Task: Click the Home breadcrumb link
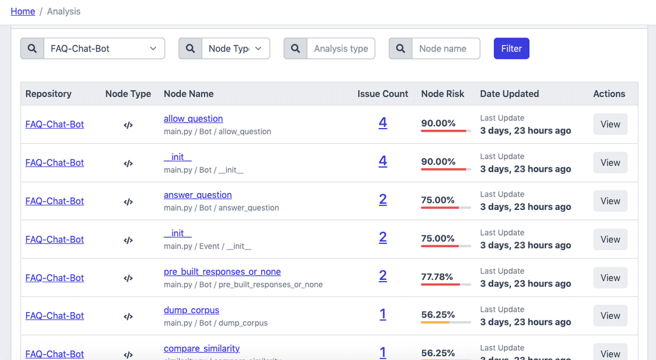(22, 12)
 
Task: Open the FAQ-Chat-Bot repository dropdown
(104, 49)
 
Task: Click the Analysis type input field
(340, 49)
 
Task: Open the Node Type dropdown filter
(235, 49)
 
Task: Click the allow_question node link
(193, 119)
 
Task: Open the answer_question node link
(197, 195)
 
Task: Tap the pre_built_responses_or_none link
(222, 272)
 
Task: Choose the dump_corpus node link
(191, 310)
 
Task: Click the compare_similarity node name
(202, 348)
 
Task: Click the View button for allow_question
(610, 124)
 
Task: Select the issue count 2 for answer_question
(383, 200)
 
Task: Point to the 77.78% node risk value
(437, 277)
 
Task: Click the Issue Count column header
(383, 94)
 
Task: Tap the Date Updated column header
(509, 94)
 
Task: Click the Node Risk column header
(442, 94)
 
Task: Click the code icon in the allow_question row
(128, 125)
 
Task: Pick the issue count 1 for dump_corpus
(383, 314)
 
